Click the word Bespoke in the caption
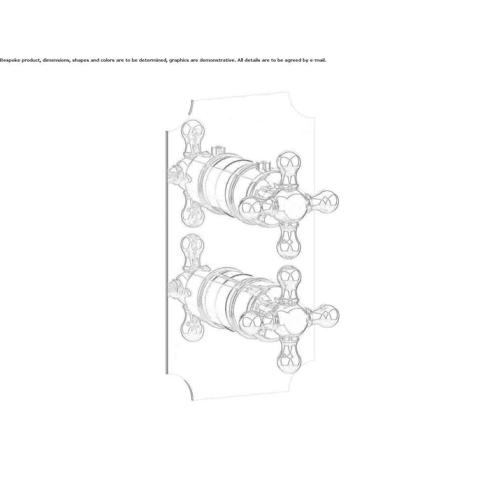pyautogui.click(x=10, y=60)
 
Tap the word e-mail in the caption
pyautogui.click(x=318, y=60)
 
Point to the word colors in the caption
pyautogui.click(x=107, y=60)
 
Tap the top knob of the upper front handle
pyautogui.click(x=289, y=163)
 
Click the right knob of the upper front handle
pyautogui.click(x=325, y=200)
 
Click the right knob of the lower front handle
pyautogui.click(x=326, y=315)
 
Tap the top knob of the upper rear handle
pyautogui.click(x=193, y=132)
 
